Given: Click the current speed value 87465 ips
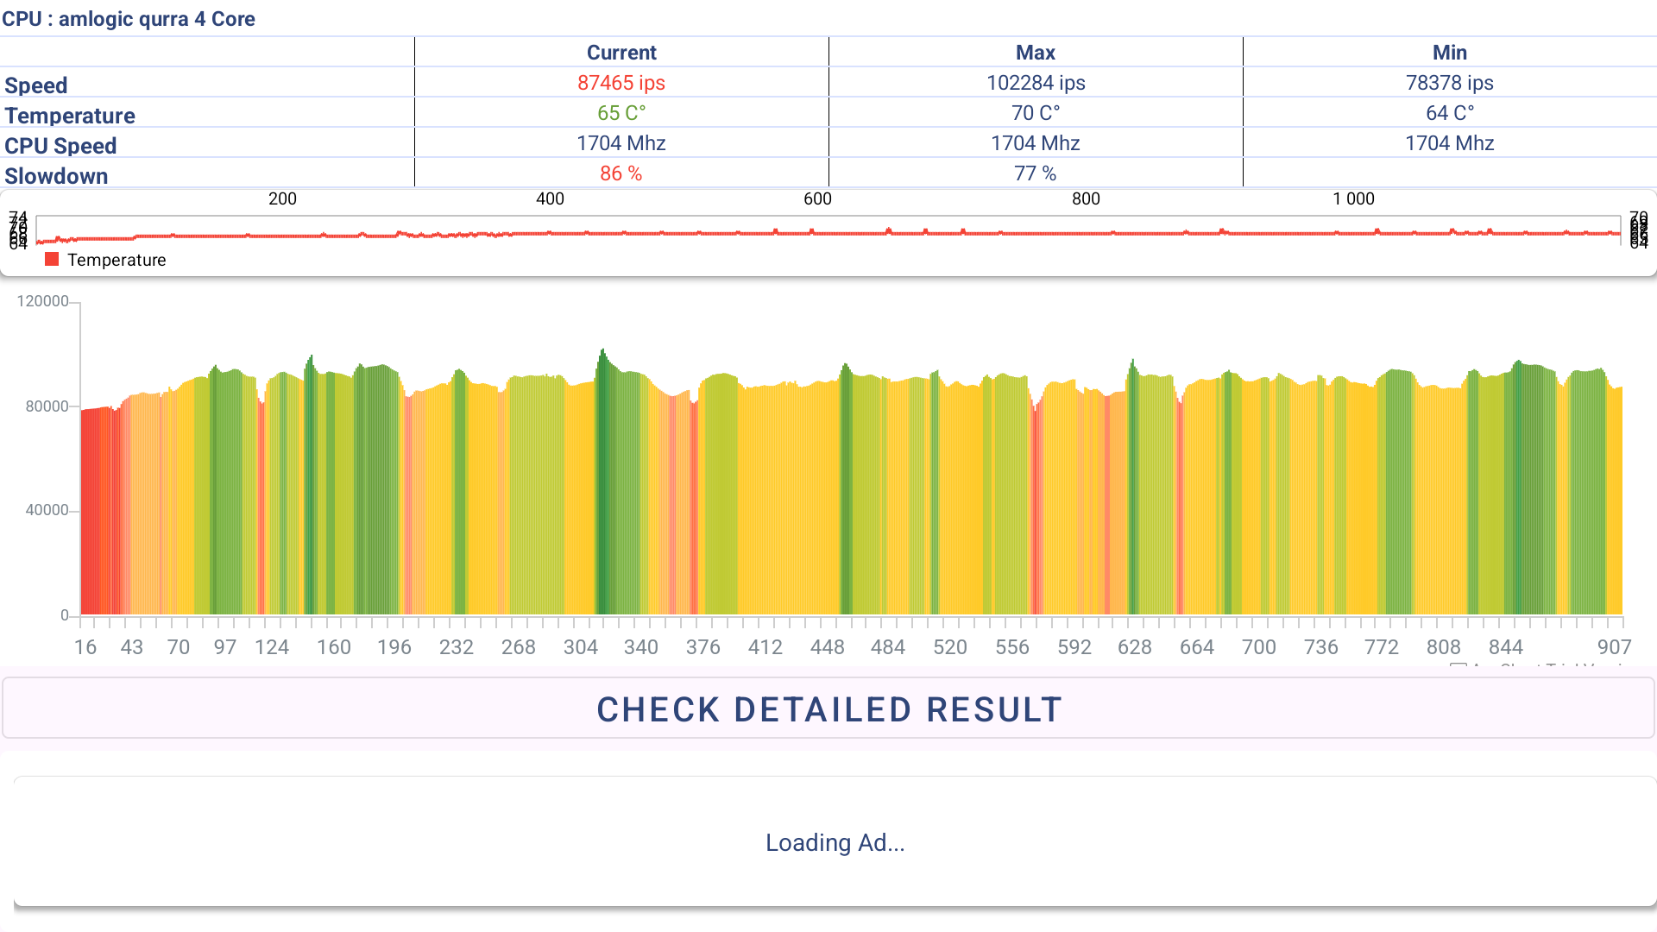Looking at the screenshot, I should click(x=621, y=83).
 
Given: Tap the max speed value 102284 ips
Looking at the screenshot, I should click(x=1035, y=83).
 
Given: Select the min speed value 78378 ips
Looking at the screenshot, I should click(x=1449, y=83).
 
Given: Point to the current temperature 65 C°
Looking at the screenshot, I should click(x=621, y=113).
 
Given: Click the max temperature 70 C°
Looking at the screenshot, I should click(x=1035, y=113).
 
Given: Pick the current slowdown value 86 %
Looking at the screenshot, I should click(x=621, y=173).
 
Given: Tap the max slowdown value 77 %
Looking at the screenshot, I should click(x=1035, y=173).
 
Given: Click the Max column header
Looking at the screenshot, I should click(x=1035, y=53).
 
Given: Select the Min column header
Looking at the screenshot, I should click(x=1449, y=53).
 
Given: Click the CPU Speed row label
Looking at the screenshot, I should click(x=60, y=146).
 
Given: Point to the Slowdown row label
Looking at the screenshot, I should click(x=56, y=176).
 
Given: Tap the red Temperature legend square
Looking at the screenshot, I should click(x=52, y=260).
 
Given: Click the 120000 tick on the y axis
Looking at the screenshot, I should click(x=43, y=301).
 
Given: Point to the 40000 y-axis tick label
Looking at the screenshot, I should click(x=47, y=510).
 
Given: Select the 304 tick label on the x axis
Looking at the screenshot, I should click(x=580, y=647).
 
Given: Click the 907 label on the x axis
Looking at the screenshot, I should click(x=1614, y=647).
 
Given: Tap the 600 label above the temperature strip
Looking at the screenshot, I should click(x=817, y=198).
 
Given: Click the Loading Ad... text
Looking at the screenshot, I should click(x=835, y=842).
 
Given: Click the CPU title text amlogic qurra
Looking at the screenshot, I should click(x=129, y=19).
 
